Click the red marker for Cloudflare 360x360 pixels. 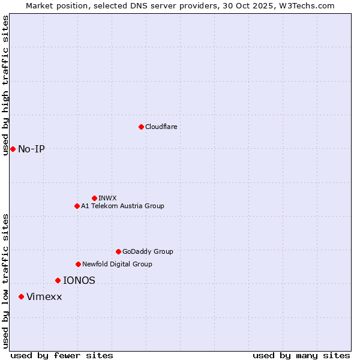click(x=141, y=127)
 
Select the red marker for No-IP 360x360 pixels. click(x=13, y=149)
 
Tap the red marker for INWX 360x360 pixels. click(x=94, y=198)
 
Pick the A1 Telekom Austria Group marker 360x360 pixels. click(x=77, y=206)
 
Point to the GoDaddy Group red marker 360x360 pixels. click(x=118, y=251)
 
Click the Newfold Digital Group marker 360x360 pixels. click(x=78, y=264)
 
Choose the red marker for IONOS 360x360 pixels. click(x=58, y=280)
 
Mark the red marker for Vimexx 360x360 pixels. click(x=21, y=296)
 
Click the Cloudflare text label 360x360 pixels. click(x=161, y=127)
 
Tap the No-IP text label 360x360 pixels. click(x=31, y=149)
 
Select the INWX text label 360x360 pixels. click(x=107, y=198)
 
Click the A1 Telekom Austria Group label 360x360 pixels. click(x=122, y=206)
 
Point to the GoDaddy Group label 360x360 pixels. click(x=148, y=251)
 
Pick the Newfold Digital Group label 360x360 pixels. click(x=117, y=264)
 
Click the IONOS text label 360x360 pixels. click(x=79, y=280)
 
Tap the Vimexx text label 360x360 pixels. click(x=44, y=296)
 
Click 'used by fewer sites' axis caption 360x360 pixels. click(x=62, y=355)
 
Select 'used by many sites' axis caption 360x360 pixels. click(x=301, y=355)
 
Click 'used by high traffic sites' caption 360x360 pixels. click(x=5, y=85)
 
